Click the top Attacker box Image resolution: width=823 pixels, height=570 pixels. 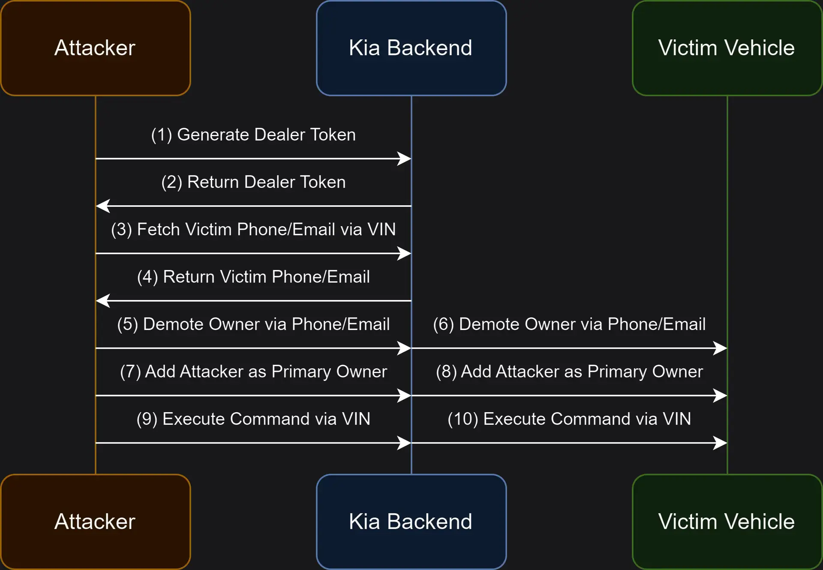(95, 48)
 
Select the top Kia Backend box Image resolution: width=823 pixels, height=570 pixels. (411, 48)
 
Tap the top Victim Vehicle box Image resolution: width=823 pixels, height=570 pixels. (727, 48)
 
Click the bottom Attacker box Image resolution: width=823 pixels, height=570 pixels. (95, 522)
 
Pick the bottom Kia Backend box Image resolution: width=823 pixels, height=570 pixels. (411, 522)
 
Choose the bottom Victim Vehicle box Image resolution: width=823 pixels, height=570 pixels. (727, 522)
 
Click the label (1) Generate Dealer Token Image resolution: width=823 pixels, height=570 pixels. (253, 135)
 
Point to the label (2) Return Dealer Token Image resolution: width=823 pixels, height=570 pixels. (253, 182)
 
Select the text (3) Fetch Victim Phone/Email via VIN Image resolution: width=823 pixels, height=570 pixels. (253, 229)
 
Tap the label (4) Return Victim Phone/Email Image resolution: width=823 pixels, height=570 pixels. (253, 277)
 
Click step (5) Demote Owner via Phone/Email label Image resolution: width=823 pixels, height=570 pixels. (253, 324)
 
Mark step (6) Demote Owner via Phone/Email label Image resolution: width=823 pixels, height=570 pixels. (569, 324)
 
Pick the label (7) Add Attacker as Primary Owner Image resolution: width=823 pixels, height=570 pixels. (253, 372)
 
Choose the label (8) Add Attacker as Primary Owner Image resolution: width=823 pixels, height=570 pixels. (569, 372)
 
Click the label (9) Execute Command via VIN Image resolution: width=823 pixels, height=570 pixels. (253, 419)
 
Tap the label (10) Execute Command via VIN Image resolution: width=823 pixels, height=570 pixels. (569, 419)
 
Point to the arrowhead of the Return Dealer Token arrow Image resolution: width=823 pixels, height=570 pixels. (102, 206)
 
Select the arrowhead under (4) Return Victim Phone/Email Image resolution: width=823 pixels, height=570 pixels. (102, 300)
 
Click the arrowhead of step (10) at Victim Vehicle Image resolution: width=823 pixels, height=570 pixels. (721, 443)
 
